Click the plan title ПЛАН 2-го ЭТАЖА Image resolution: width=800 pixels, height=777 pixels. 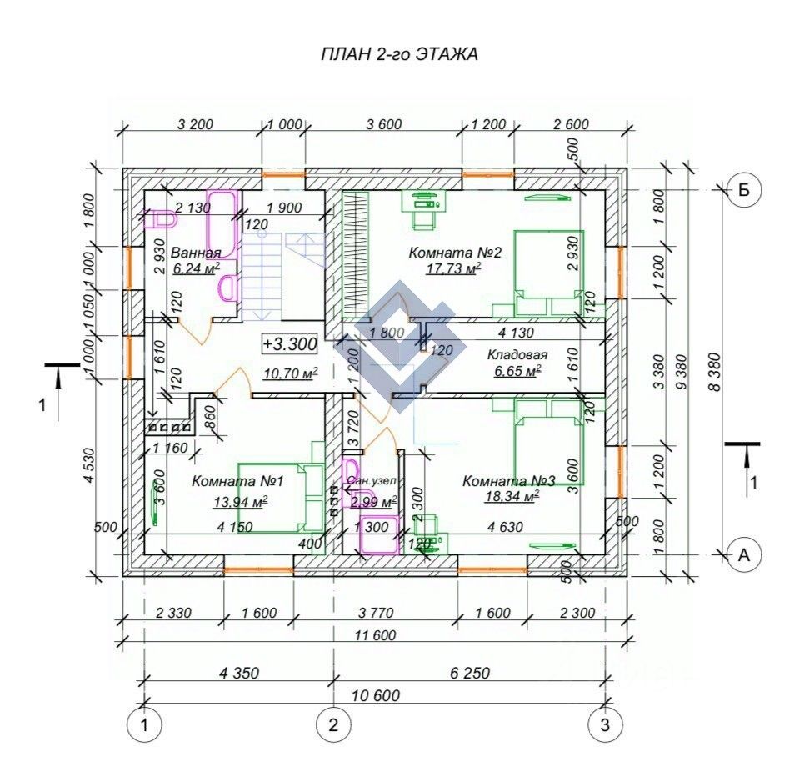pyautogui.click(x=399, y=55)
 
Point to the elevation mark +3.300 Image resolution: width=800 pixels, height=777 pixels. pyautogui.click(x=288, y=343)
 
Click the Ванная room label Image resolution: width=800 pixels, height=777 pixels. pyautogui.click(x=196, y=253)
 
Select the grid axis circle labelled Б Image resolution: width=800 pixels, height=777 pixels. pyautogui.click(x=744, y=190)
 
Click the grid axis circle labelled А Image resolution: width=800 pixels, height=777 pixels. pyautogui.click(x=744, y=554)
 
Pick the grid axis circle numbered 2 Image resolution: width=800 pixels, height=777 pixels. pyautogui.click(x=333, y=725)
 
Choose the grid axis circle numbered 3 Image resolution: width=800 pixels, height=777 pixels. pyautogui.click(x=605, y=725)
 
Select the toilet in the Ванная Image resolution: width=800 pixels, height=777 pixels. pyautogui.click(x=162, y=218)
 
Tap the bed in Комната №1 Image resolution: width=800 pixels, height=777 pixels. pyautogui.click(x=275, y=497)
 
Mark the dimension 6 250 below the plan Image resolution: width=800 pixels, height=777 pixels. pyautogui.click(x=468, y=673)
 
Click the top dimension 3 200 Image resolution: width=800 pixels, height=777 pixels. pyautogui.click(x=196, y=125)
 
